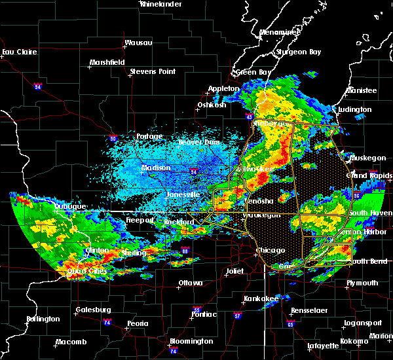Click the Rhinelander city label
tap(160, 4)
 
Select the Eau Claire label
tap(18, 52)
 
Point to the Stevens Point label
tap(151, 71)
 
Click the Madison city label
tap(157, 168)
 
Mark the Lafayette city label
tap(323, 345)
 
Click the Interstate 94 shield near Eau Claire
tap(38, 86)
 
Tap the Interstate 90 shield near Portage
tap(113, 139)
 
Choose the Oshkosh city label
tap(212, 105)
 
